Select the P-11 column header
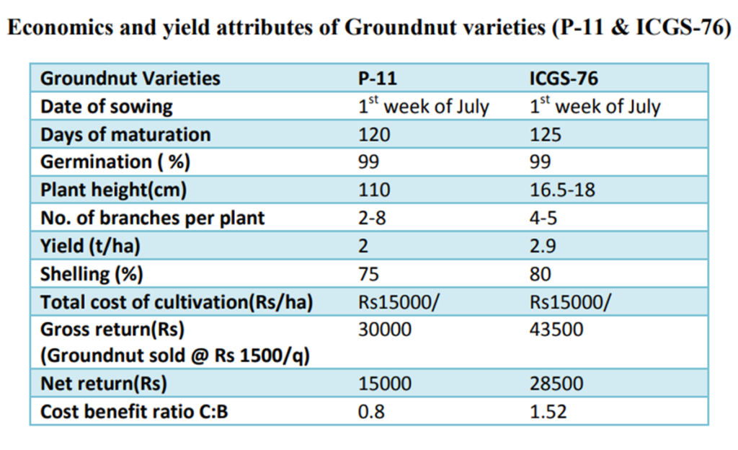(x=377, y=78)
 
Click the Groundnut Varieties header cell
(x=130, y=78)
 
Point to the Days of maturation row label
(x=125, y=135)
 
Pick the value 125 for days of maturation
(x=545, y=135)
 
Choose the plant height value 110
(x=374, y=190)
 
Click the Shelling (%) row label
(x=92, y=274)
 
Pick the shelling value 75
(x=369, y=274)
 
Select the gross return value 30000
(x=385, y=330)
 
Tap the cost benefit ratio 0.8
(x=370, y=412)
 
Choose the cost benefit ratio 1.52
(x=548, y=412)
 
